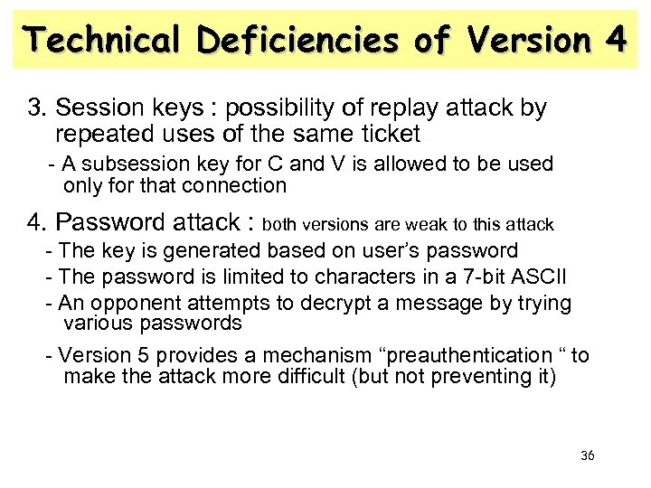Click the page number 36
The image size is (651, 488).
(x=587, y=455)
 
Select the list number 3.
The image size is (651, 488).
(x=36, y=110)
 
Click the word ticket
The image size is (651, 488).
(x=388, y=135)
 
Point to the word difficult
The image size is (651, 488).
(x=302, y=375)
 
